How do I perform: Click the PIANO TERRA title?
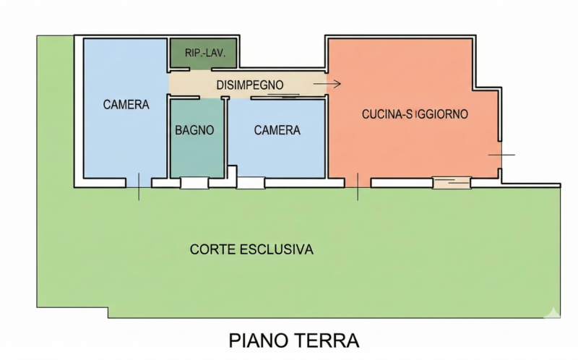[294, 340]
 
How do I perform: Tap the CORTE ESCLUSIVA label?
[251, 249]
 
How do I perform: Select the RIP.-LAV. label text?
[205, 53]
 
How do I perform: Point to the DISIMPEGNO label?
[250, 85]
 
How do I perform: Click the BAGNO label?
[194, 130]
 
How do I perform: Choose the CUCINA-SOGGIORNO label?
[415, 114]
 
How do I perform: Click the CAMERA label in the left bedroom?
[126, 105]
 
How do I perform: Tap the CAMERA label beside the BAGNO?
[277, 130]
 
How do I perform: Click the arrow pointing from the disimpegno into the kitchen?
[327, 84]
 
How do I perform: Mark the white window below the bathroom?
[194, 183]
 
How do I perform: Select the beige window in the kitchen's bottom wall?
[452, 183]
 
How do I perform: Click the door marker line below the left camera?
[139, 187]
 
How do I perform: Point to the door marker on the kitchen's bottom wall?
[358, 187]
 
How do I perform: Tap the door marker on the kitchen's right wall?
[501, 155]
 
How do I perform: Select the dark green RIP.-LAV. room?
[203, 53]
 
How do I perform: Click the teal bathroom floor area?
[197, 138]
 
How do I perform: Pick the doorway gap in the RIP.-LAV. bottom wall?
[201, 69]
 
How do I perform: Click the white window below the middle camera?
[251, 183]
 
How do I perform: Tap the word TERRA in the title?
[327, 340]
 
